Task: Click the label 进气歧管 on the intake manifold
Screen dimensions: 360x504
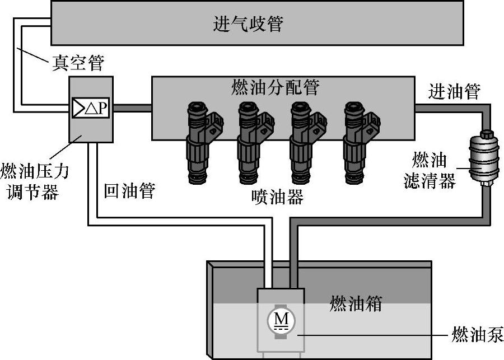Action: pyautogui.click(x=248, y=24)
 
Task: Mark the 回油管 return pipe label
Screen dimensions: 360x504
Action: pyautogui.click(x=129, y=190)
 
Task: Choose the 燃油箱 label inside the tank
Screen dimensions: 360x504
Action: pyautogui.click(x=356, y=305)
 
